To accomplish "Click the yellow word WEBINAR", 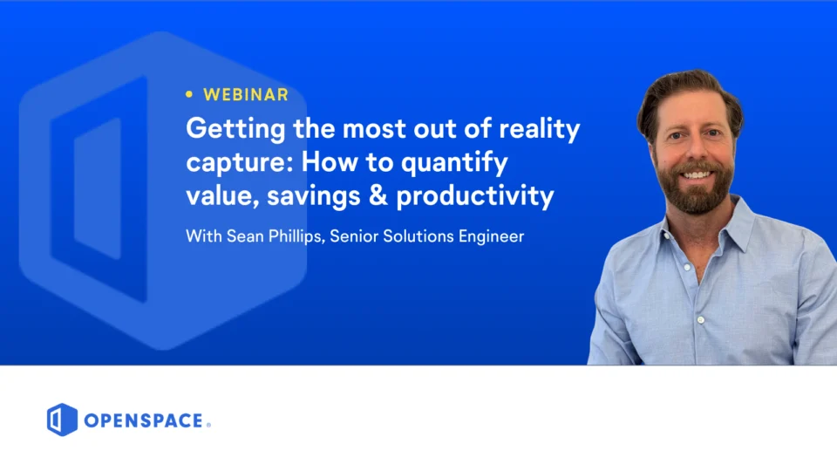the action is (x=246, y=94).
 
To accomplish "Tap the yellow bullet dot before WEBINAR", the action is (x=189, y=94).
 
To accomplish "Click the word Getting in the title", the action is (x=235, y=130).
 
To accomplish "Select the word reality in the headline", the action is (x=539, y=130).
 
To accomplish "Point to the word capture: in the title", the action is (x=240, y=163).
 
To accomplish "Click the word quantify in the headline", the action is (x=454, y=163).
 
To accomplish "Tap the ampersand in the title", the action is (x=378, y=195).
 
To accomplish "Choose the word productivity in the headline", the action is (x=475, y=196).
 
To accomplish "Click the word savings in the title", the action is (x=313, y=196).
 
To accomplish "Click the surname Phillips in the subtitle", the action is (x=296, y=236).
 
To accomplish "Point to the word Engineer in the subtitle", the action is (x=491, y=236).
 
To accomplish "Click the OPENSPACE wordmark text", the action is (x=144, y=420).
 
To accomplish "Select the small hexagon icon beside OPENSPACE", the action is (x=62, y=420).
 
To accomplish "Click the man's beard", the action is (x=695, y=190).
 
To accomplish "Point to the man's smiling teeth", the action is (x=697, y=174).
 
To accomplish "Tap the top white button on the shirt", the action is (x=688, y=267).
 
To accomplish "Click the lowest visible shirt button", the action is (x=701, y=320).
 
